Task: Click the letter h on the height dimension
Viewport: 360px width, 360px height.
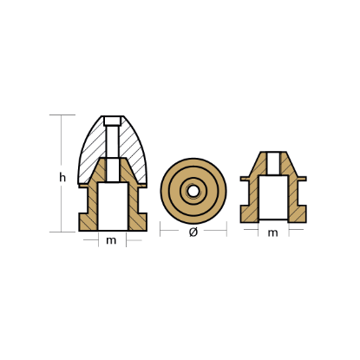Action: pos(62,177)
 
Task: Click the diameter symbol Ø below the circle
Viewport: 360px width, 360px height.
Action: pos(193,232)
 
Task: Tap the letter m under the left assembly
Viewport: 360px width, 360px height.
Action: pos(111,239)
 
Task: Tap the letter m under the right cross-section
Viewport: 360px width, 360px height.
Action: pos(273,232)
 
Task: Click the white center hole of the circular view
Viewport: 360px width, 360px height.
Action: pos(193,190)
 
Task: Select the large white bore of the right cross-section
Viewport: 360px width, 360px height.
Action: pos(273,196)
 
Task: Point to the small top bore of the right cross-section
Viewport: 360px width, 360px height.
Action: pos(273,162)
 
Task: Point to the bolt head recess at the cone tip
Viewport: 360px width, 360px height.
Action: pos(112,121)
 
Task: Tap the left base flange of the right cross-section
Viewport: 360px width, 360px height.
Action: pos(250,211)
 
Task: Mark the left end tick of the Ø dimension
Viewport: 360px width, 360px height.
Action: pos(160,232)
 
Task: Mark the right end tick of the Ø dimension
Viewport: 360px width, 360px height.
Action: pos(226,232)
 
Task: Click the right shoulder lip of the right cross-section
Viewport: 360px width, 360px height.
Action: pos(300,178)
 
